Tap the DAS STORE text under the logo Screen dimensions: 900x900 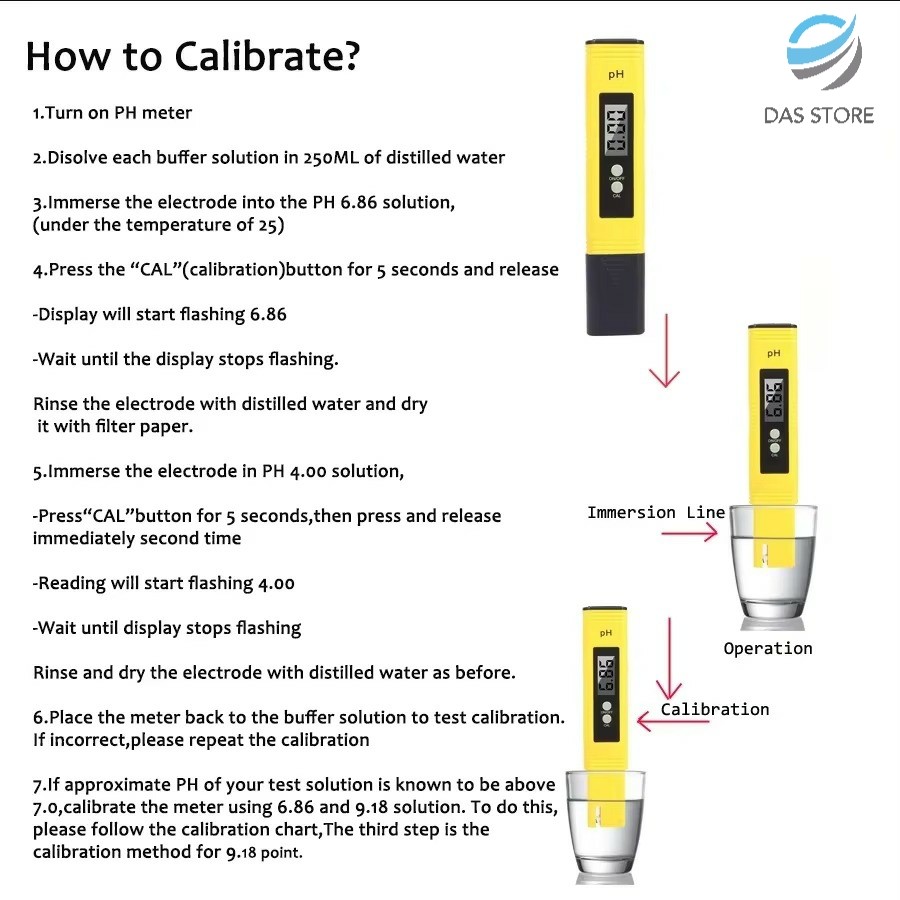819,115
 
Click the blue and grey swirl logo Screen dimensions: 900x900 824,51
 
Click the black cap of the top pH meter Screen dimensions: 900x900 615,294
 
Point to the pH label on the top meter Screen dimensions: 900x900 616,75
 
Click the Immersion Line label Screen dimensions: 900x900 656,512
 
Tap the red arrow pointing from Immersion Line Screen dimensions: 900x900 689,533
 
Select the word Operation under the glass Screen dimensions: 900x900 768,649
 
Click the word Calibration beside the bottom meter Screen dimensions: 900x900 715,709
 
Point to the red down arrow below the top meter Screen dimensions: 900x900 665,350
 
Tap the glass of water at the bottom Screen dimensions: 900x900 606,827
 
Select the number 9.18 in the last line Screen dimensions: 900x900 241,852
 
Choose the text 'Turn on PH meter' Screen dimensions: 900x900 118,112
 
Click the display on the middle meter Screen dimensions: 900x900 774,399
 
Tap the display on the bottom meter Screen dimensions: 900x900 607,674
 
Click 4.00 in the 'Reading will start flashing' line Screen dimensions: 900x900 276,584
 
